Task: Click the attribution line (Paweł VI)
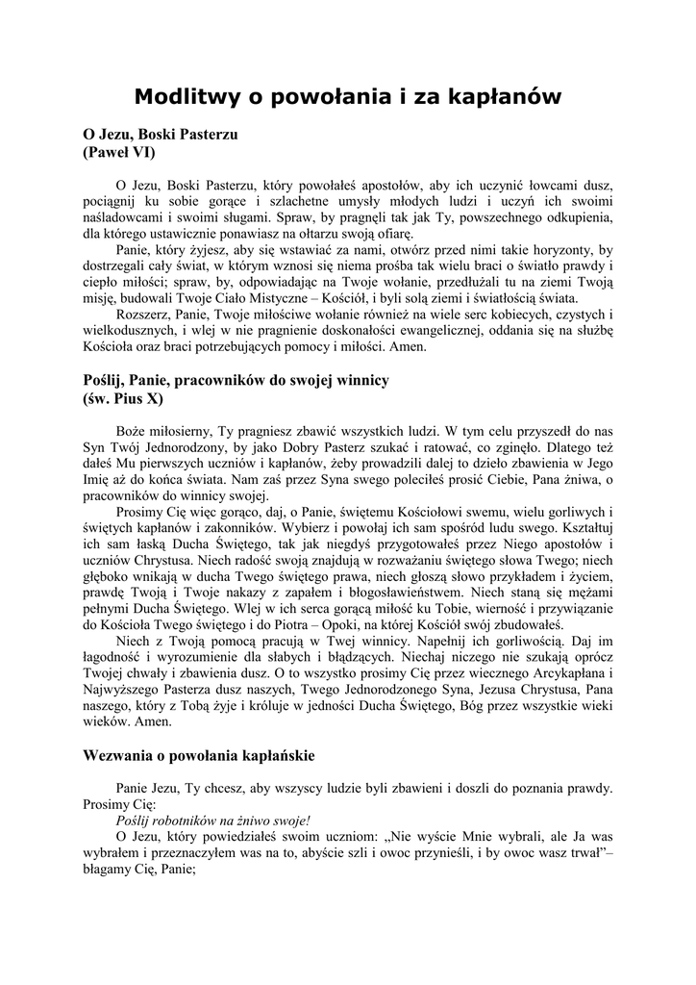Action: (x=113, y=152)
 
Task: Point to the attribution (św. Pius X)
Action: (x=123, y=397)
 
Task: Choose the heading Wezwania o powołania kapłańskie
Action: (x=200, y=755)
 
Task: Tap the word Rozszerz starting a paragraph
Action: (x=141, y=314)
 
